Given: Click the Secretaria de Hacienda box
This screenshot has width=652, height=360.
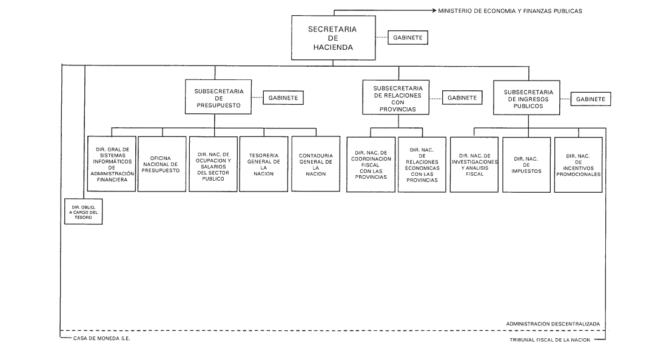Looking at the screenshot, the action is tap(333, 38).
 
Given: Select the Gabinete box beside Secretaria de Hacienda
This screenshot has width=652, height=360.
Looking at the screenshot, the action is tap(408, 38).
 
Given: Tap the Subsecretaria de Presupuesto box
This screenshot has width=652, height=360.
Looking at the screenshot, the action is tap(218, 97).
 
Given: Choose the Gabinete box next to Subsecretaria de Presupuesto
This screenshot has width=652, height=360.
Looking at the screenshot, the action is tap(283, 98).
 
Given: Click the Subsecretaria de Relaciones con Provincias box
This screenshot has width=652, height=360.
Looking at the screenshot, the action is tap(395, 98).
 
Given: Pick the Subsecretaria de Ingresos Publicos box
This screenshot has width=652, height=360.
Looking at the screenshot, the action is tap(526, 98).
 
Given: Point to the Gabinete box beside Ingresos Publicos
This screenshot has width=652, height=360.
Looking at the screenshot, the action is tap(591, 99).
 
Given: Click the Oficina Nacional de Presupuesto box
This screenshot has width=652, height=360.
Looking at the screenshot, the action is tap(162, 164).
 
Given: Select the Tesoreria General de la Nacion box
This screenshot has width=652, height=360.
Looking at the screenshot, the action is tap(264, 164).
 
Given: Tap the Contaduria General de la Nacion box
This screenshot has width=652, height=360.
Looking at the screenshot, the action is tap(315, 164).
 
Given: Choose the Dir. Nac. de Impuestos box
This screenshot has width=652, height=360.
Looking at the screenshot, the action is tap(526, 165).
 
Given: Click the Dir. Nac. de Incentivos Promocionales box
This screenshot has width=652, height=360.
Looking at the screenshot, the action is tap(578, 165).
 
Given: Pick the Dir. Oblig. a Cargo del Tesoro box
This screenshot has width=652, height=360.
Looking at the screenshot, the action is tap(83, 212).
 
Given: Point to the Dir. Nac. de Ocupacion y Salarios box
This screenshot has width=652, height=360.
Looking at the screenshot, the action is tap(213, 164).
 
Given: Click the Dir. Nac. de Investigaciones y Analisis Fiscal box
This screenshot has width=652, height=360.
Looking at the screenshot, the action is tap(474, 165).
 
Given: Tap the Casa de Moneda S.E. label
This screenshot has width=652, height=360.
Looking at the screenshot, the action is tap(101, 338).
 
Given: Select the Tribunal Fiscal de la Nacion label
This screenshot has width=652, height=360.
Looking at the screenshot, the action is tap(549, 340).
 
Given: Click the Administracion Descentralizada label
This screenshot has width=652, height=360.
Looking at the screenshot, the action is tap(553, 324).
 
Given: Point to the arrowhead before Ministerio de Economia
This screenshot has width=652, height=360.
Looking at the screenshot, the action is tap(434, 10).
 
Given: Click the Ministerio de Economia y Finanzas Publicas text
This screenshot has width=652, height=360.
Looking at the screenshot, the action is tap(510, 12).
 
